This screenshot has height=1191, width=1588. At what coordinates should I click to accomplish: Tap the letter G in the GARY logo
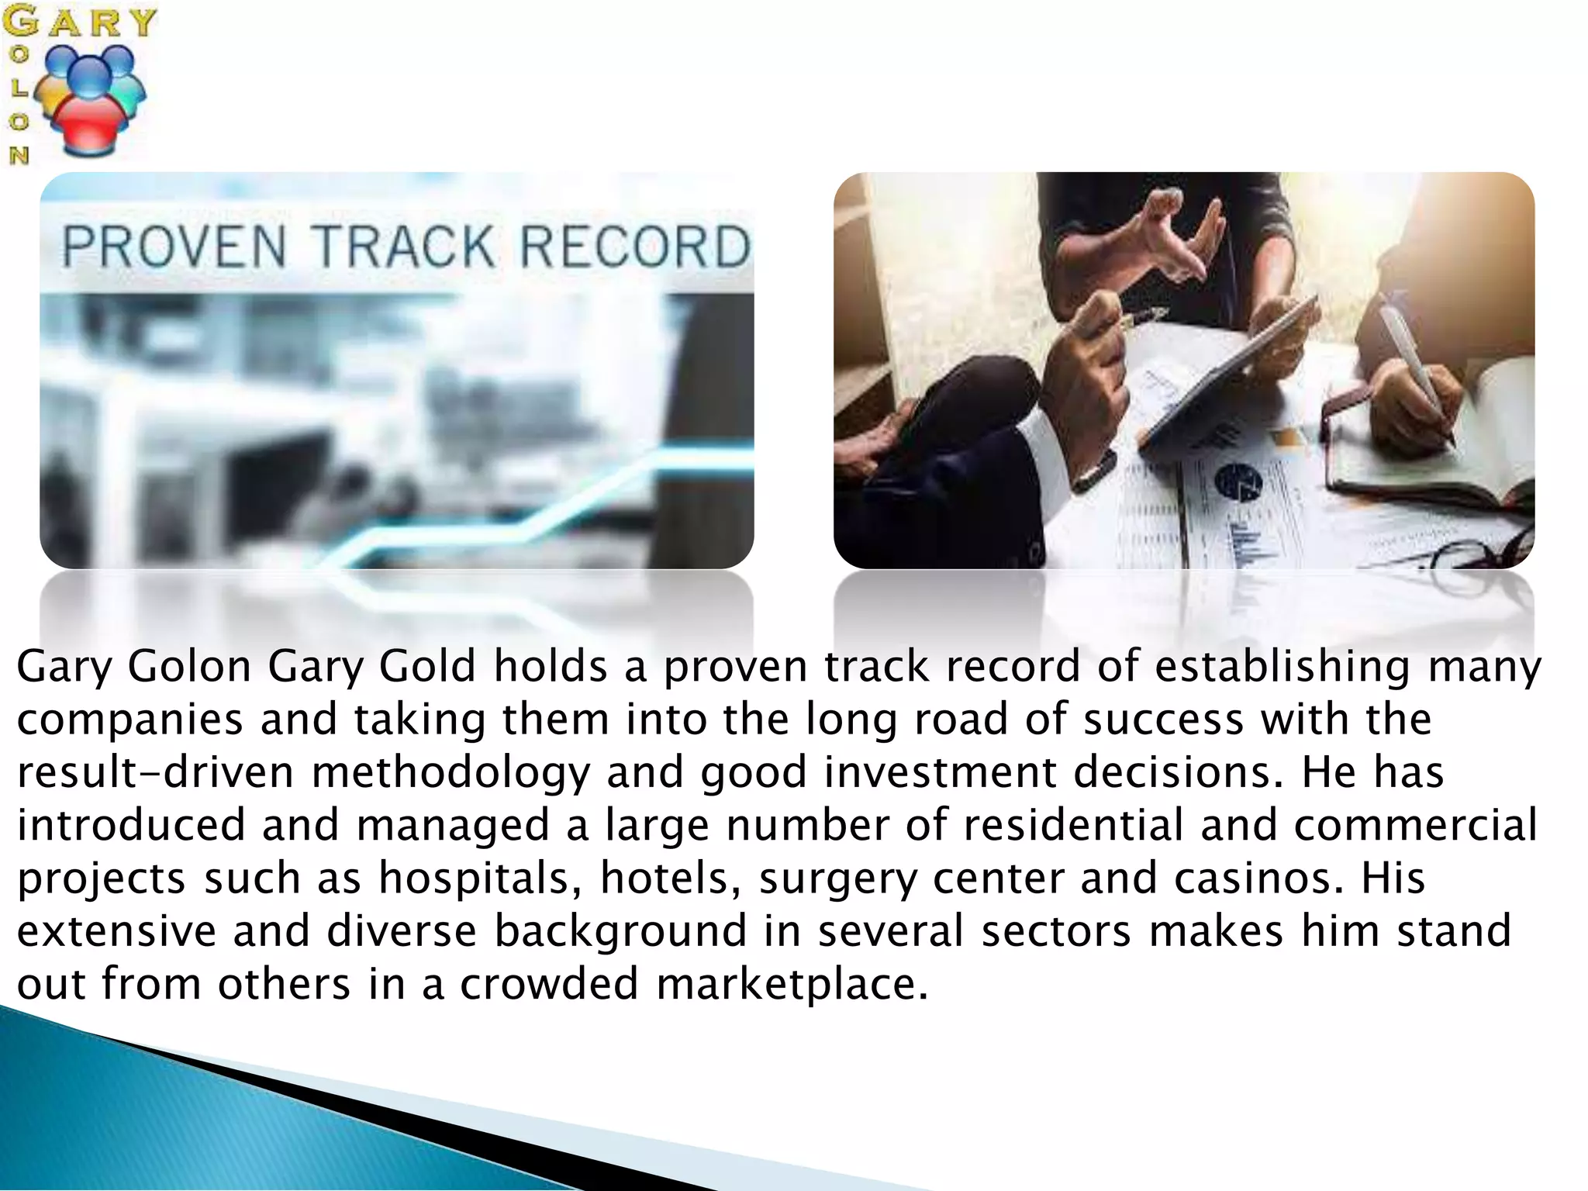(x=20, y=20)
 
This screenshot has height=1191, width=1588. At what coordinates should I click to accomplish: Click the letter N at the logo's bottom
(x=19, y=155)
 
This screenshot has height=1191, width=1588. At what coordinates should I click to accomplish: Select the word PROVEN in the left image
(x=174, y=247)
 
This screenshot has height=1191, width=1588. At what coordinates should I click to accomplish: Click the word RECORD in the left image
(x=635, y=247)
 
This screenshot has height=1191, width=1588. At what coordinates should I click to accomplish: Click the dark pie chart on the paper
(x=1238, y=482)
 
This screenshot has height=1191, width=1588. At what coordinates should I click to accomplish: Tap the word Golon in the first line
(x=189, y=667)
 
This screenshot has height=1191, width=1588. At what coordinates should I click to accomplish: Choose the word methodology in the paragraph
(x=451, y=773)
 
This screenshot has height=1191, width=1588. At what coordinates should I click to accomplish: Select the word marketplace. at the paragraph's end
(x=792, y=984)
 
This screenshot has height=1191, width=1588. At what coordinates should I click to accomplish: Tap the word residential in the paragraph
(x=1073, y=825)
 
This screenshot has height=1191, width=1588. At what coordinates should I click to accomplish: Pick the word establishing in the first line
(x=1282, y=667)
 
